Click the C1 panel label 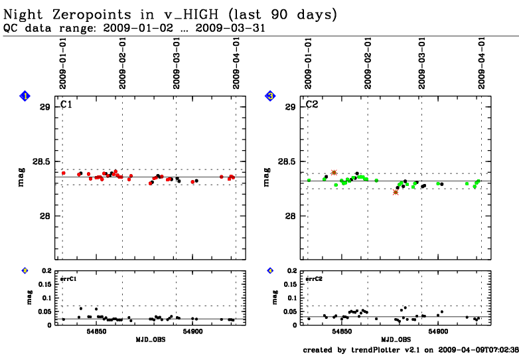pyautogui.click(x=66, y=104)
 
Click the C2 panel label pyautogui.click(x=312, y=104)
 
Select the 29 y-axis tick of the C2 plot pyautogui.click(x=291, y=107)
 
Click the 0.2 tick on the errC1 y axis pyautogui.click(x=46, y=271)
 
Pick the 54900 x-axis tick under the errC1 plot pyautogui.click(x=195, y=331)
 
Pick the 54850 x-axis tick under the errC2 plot pyautogui.click(x=342, y=331)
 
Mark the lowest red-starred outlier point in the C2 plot pyautogui.click(x=396, y=192)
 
